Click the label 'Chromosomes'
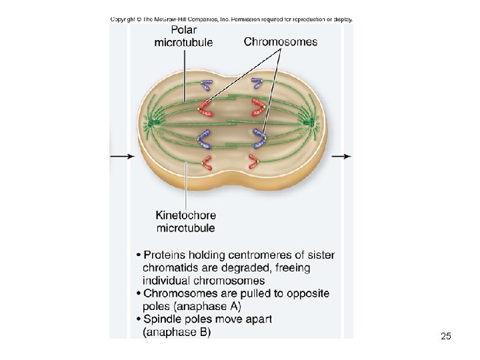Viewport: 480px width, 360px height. pyautogui.click(x=281, y=41)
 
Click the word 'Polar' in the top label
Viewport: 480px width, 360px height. pyautogui.click(x=183, y=29)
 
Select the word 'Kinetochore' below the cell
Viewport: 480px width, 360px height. pyautogui.click(x=185, y=215)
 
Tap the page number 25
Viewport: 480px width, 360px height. pyautogui.click(x=446, y=337)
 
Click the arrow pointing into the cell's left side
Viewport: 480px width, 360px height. pyautogui.click(x=123, y=156)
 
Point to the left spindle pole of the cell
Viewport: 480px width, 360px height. pyautogui.click(x=153, y=123)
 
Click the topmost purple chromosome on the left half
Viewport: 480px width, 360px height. pyautogui.click(x=206, y=85)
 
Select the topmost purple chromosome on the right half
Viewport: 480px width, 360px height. pyautogui.click(x=256, y=84)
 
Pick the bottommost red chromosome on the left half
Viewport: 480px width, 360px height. pyautogui.click(x=208, y=162)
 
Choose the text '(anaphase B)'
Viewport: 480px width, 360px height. pyautogui.click(x=177, y=332)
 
